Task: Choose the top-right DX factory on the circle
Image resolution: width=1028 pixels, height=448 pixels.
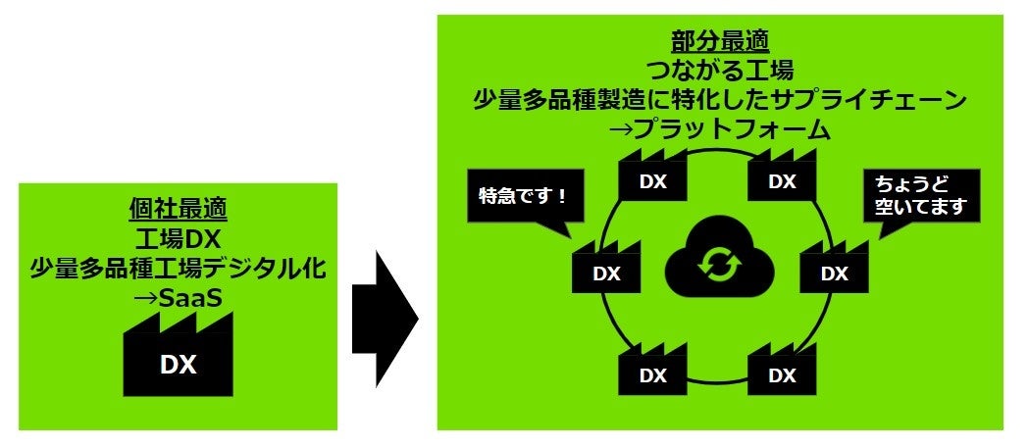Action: (782, 178)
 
